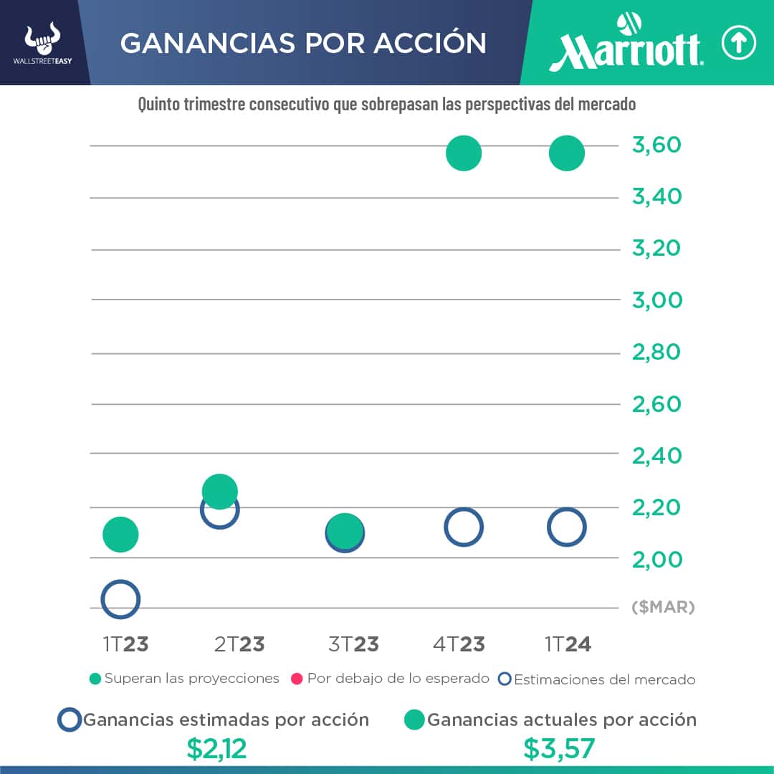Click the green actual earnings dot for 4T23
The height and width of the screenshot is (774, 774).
[x=463, y=153]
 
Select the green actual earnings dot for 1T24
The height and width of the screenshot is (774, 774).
[x=566, y=153]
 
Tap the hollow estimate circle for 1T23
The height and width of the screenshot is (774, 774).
[x=120, y=599]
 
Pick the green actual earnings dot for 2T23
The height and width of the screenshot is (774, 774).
[x=220, y=491]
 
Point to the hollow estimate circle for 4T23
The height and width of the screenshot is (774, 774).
[x=464, y=527]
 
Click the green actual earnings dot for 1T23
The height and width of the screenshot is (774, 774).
[x=120, y=534]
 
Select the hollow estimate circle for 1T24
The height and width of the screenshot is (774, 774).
[x=567, y=527]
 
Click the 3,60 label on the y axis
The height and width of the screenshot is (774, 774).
[x=656, y=145]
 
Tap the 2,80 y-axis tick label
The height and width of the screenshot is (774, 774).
[x=656, y=353]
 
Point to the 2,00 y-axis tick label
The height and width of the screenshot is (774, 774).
[x=656, y=559]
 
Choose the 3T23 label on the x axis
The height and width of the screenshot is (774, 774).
[x=353, y=644]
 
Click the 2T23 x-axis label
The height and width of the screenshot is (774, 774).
[x=239, y=644]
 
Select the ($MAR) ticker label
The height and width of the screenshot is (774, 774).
[x=663, y=608]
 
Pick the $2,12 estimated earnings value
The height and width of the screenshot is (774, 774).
[x=216, y=749]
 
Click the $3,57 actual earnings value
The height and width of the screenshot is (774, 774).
[x=559, y=749]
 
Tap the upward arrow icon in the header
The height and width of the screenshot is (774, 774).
[x=738, y=44]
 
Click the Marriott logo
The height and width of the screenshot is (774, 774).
[x=626, y=44]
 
